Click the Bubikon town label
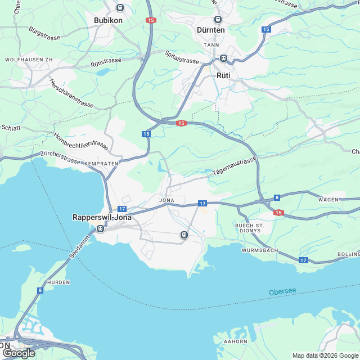click(x=108, y=20)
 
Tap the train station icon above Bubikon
click(x=120, y=7)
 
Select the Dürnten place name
click(x=211, y=30)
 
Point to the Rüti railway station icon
click(x=223, y=58)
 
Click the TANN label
click(x=211, y=44)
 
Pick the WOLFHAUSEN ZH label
click(x=29, y=59)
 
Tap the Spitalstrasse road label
click(x=182, y=57)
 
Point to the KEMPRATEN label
click(x=102, y=163)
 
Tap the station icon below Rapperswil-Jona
click(x=100, y=228)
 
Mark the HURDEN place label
click(x=58, y=283)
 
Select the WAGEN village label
click(x=328, y=200)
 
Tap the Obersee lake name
click(x=282, y=292)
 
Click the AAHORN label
click(x=235, y=341)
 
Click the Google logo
click(x=19, y=353)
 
